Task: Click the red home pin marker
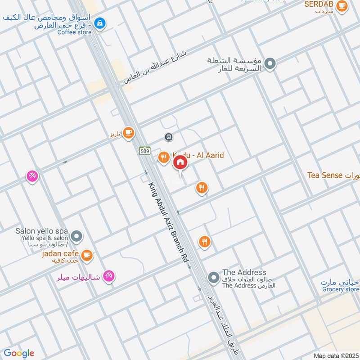(x=180, y=162)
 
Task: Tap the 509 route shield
(x=144, y=150)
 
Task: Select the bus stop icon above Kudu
(x=168, y=137)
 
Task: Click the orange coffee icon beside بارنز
(x=129, y=132)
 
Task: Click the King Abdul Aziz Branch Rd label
(x=168, y=223)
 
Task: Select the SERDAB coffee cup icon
(x=342, y=5)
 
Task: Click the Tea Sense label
(x=325, y=175)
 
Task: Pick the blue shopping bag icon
(x=100, y=22)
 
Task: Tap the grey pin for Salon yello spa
(x=77, y=235)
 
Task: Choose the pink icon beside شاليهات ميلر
(x=108, y=276)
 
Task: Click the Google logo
(x=19, y=353)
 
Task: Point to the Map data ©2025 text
(x=335, y=355)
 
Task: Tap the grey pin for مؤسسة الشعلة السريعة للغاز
(x=270, y=64)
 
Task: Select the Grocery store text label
(x=340, y=289)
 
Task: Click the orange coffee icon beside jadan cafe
(x=87, y=255)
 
